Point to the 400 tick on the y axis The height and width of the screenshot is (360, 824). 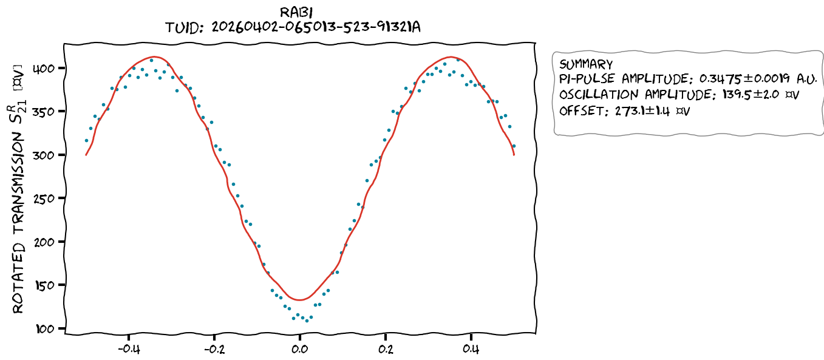[48, 68]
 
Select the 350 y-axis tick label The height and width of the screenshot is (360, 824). [48, 112]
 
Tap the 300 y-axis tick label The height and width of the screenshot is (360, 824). [48, 155]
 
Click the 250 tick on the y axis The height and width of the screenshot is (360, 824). [48, 199]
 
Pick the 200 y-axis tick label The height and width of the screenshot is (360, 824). [48, 242]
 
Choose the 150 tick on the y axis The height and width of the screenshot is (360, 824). [48, 285]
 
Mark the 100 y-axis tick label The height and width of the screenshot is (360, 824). [48, 328]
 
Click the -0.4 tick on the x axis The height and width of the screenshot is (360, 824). [128, 349]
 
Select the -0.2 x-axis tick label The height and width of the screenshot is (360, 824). [213, 349]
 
